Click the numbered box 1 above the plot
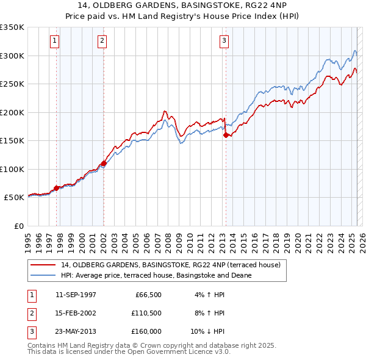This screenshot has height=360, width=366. [55, 41]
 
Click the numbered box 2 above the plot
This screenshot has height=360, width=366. [102, 41]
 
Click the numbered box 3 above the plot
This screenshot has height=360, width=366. [224, 41]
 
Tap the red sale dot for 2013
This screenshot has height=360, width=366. [226, 135]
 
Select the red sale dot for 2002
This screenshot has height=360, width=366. [104, 164]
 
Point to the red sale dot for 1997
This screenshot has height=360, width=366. [57, 188]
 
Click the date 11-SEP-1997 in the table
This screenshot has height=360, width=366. [76, 295]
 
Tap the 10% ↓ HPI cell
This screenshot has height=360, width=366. [208, 331]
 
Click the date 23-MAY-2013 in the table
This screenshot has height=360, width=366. [76, 331]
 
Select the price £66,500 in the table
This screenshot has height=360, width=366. [146, 295]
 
